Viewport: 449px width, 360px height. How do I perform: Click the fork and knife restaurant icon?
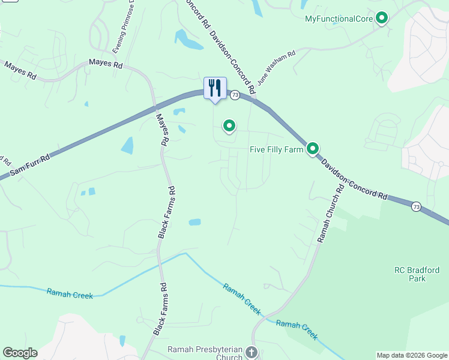215,88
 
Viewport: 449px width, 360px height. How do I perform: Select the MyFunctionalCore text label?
339,19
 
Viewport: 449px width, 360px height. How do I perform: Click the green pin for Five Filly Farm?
313,148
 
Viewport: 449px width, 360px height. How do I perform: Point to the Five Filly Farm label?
276,149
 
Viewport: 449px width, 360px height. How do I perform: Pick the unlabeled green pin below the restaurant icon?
229,126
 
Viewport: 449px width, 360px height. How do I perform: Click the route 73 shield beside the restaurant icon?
235,95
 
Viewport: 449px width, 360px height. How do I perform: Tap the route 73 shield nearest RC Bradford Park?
416,206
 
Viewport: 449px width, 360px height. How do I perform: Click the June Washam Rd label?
276,67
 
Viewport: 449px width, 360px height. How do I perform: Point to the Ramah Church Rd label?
331,213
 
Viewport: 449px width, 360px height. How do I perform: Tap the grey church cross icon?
252,352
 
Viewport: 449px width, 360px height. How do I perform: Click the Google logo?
20,353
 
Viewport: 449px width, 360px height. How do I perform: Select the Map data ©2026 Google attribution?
412,355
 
